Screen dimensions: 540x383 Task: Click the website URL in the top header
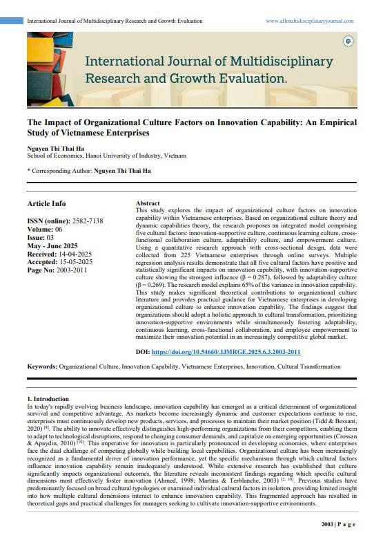[x=309, y=21]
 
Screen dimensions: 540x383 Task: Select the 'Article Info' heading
[x=46, y=203]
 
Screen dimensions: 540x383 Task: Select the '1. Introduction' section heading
[x=48, y=399]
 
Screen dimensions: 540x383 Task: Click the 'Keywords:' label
[x=41, y=366]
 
